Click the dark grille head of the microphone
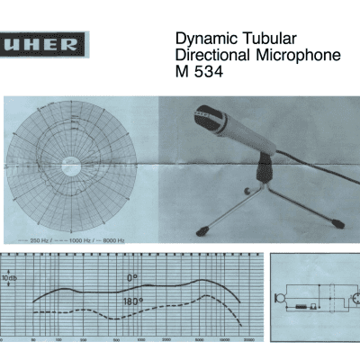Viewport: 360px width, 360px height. pyautogui.click(x=204, y=117)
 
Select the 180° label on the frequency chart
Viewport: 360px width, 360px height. pyautogui.click(x=135, y=301)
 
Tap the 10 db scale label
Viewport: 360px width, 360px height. pyautogui.click(x=9, y=278)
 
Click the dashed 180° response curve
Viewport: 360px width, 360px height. pyautogui.click(x=90, y=310)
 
